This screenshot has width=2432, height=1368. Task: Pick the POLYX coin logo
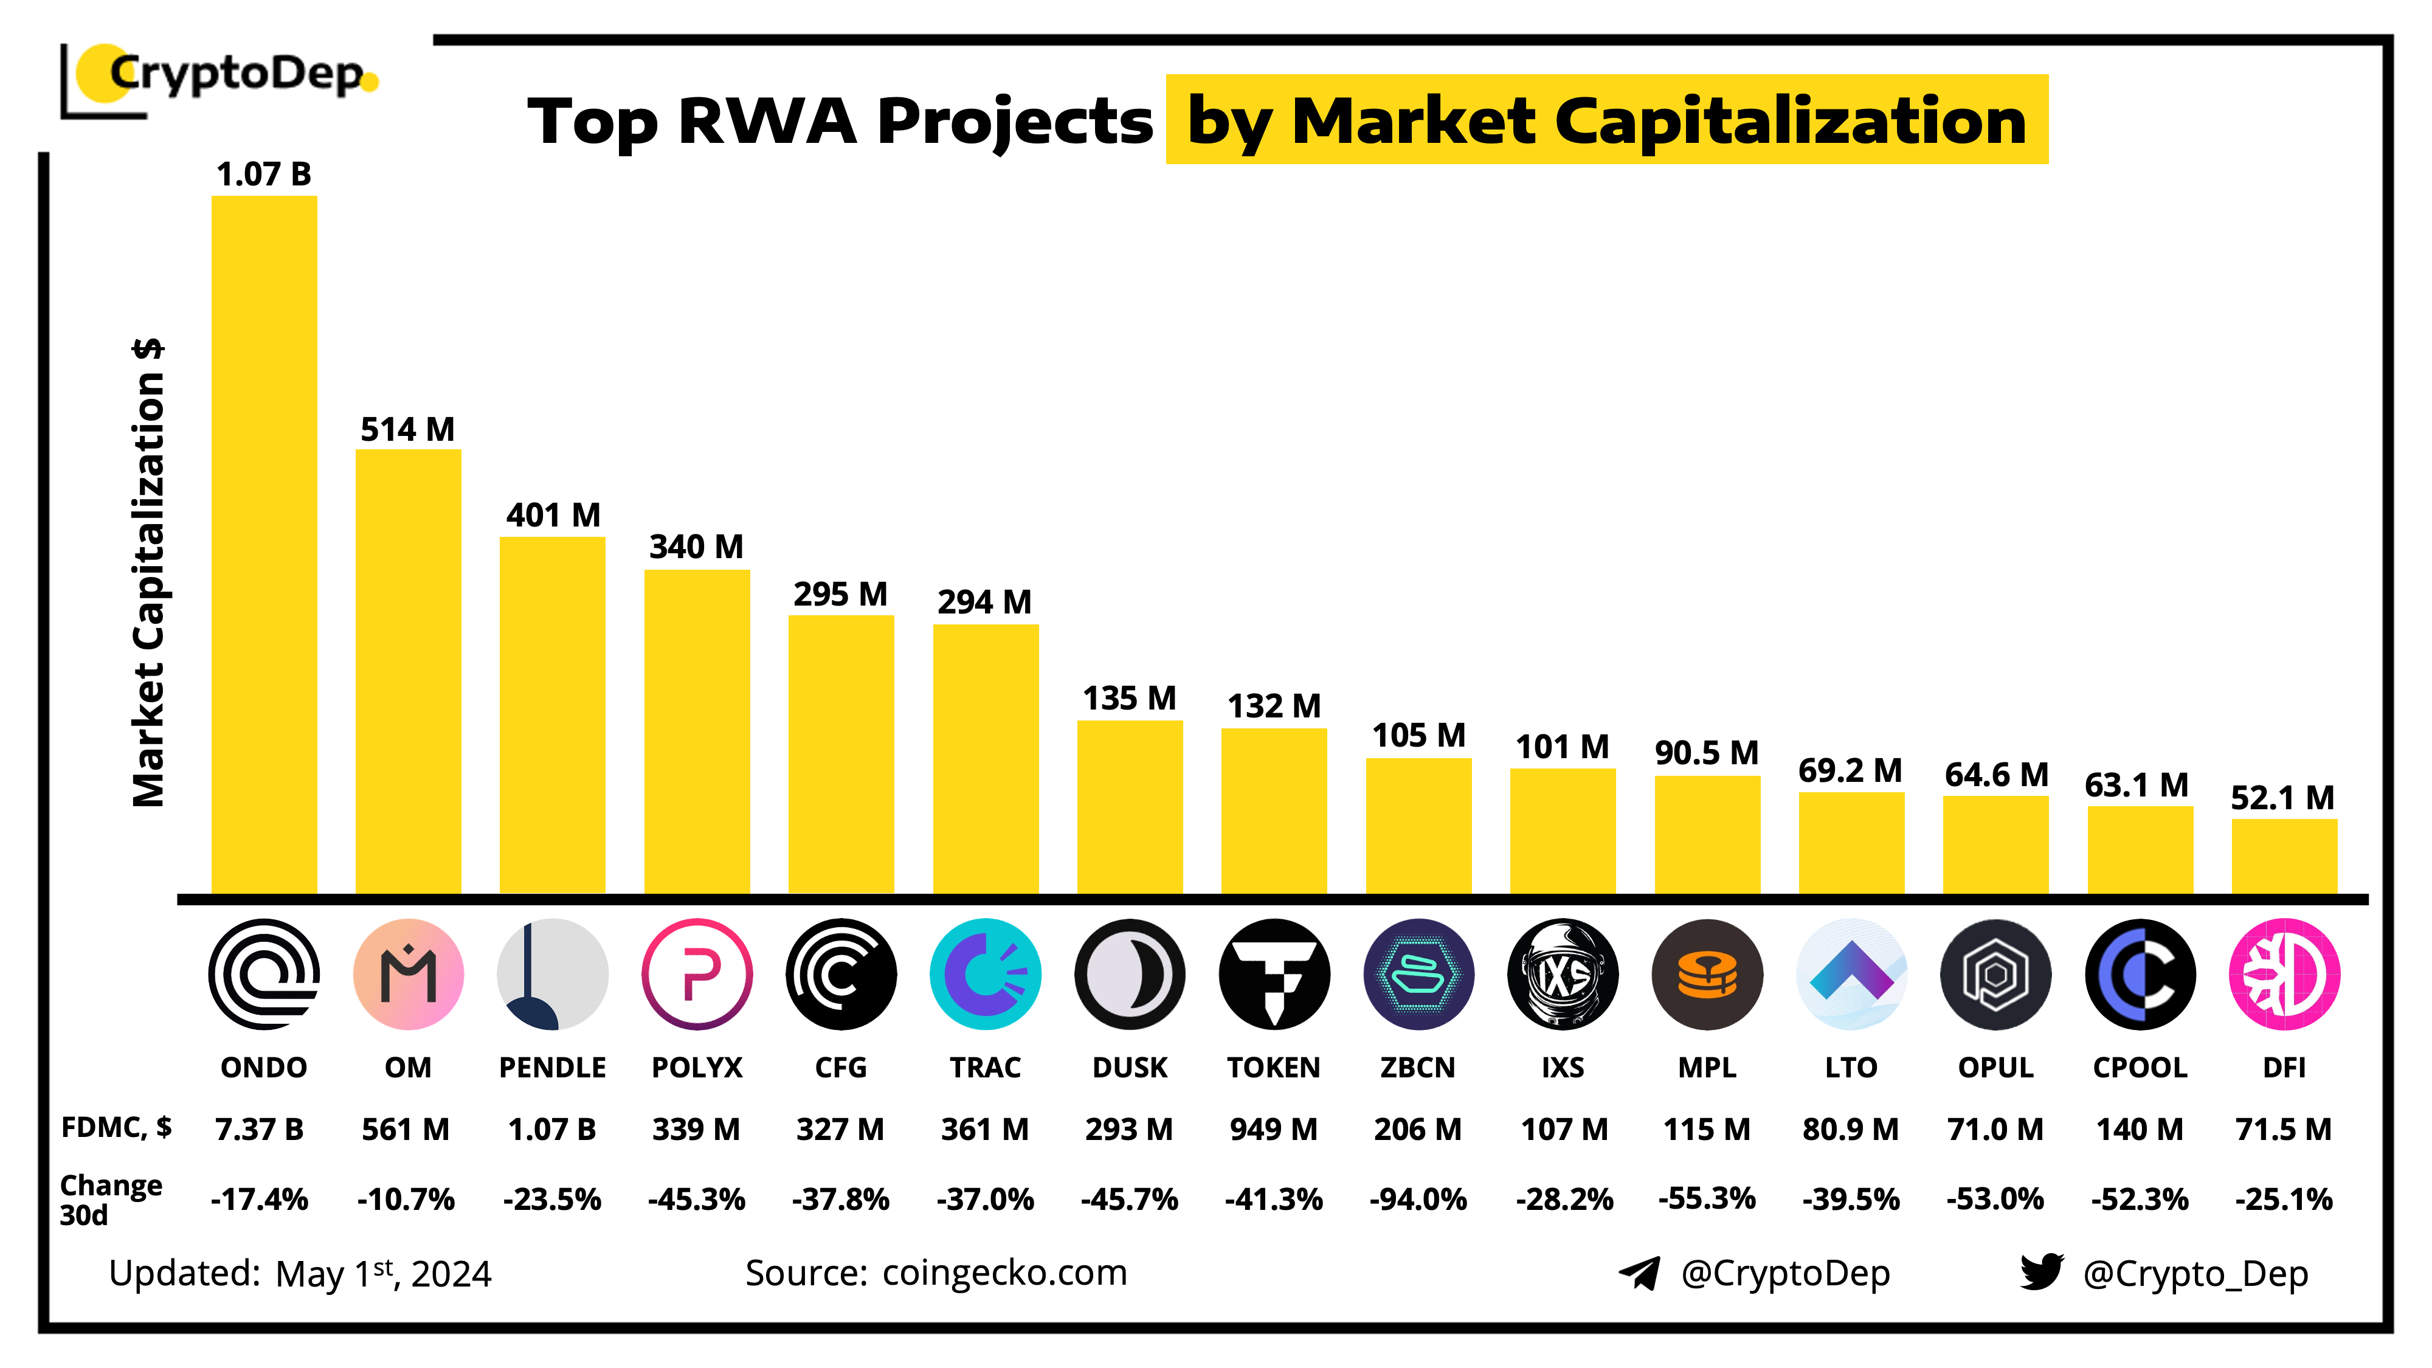tap(697, 973)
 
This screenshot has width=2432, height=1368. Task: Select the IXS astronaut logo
tap(1563, 973)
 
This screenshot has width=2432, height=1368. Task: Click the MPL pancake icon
tap(1707, 973)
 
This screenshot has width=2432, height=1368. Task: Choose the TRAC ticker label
tap(985, 1067)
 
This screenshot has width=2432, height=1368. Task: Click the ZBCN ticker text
tap(1417, 1067)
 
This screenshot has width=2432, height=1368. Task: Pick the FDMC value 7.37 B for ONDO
tap(260, 1129)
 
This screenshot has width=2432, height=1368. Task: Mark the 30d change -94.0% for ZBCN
tap(1417, 1199)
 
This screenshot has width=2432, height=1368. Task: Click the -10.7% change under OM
tap(406, 1199)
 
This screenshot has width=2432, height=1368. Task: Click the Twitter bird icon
tap(2041, 1272)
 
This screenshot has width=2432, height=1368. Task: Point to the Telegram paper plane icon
tap(1639, 1273)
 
